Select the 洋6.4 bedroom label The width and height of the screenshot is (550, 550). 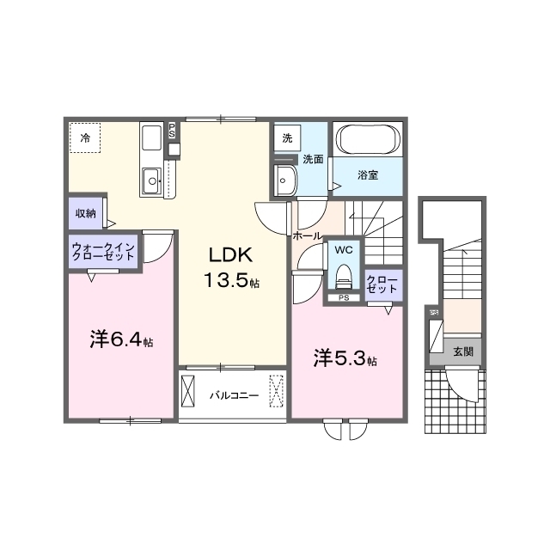(121, 340)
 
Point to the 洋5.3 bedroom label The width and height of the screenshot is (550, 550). (344, 358)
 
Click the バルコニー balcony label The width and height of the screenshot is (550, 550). (234, 396)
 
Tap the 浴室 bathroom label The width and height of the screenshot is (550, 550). (368, 175)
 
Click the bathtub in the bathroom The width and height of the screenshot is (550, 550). (366, 139)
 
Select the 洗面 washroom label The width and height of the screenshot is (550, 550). (312, 160)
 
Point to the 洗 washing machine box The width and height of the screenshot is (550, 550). (286, 137)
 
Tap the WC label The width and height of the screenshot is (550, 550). (344, 250)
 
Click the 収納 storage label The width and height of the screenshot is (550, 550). (84, 213)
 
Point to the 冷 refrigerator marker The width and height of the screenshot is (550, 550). (85, 137)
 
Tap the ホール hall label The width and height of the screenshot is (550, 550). (307, 235)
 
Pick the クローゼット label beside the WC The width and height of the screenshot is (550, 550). (382, 284)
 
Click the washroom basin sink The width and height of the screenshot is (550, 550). (284, 180)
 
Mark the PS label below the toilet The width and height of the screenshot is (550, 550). (344, 298)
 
